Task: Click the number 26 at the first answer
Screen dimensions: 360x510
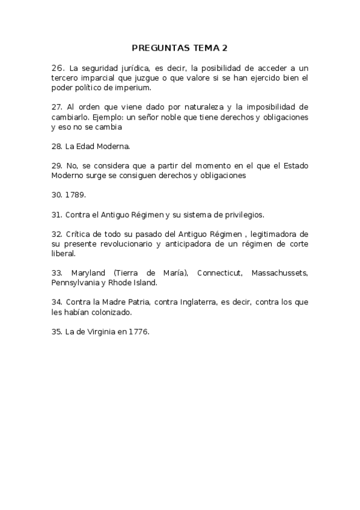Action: (x=58, y=68)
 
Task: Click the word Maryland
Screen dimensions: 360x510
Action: (x=90, y=273)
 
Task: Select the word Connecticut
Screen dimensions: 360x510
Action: (x=218, y=273)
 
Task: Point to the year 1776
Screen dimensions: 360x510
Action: (x=136, y=331)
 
